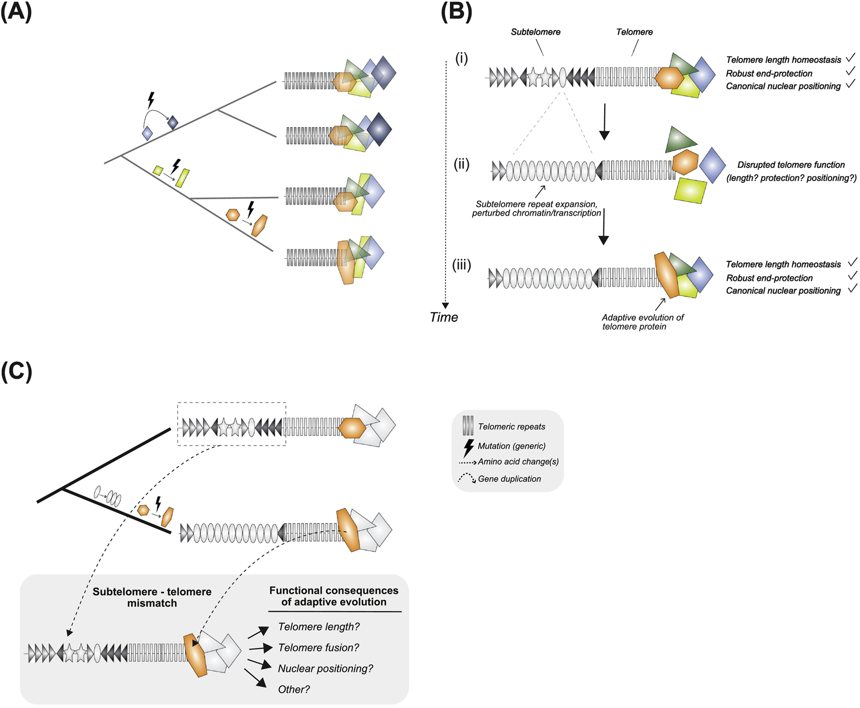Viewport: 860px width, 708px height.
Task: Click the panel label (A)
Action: coord(16,12)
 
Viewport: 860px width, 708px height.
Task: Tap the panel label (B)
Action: coord(456,12)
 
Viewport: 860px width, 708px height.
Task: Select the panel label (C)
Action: coord(16,372)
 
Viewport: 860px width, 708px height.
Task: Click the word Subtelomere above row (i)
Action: coord(535,32)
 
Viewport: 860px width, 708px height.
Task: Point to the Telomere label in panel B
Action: coord(634,32)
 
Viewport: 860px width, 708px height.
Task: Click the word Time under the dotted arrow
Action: coord(444,317)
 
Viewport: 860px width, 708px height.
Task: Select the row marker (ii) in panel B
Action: coord(461,164)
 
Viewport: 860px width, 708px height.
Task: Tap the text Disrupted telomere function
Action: coord(791,165)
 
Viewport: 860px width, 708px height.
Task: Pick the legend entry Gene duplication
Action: coord(509,479)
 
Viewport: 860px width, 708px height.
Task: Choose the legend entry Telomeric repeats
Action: coord(511,427)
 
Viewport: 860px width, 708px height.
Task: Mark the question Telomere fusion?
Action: coord(318,647)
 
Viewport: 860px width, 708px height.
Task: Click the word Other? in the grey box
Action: coord(294,689)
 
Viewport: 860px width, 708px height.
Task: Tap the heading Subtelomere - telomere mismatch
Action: coord(152,597)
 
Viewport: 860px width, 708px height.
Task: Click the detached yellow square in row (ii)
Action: coord(690,190)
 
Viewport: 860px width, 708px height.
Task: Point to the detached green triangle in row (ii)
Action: coord(679,139)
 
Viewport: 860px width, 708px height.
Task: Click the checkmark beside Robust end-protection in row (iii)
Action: coord(852,276)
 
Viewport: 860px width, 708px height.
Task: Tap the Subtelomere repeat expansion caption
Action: coord(536,208)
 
